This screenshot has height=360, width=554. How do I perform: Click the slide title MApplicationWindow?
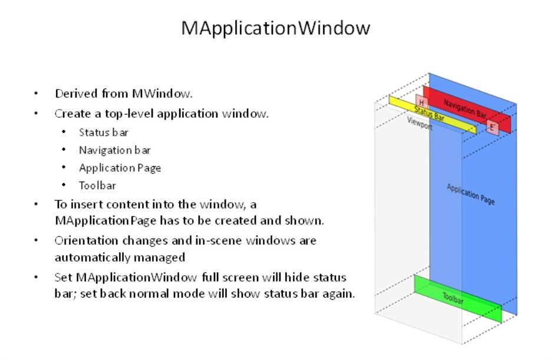(276, 28)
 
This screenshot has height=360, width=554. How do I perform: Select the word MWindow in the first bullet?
(162, 94)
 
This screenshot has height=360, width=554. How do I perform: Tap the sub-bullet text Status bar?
(104, 133)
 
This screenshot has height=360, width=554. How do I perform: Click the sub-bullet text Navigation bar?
(115, 150)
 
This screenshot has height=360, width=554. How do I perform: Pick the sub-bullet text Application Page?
(120, 168)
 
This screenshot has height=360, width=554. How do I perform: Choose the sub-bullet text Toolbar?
(97, 186)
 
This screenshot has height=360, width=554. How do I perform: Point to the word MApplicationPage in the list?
(105, 221)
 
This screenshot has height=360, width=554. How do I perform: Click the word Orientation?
(86, 240)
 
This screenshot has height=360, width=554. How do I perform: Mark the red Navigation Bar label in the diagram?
(465, 109)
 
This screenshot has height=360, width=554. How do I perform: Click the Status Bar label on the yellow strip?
(429, 114)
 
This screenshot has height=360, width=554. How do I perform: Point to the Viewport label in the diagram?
(420, 123)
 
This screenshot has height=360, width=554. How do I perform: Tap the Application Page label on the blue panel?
(471, 194)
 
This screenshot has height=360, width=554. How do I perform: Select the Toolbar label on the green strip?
(453, 298)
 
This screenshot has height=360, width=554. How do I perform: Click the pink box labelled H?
(422, 102)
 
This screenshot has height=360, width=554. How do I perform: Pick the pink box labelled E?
(492, 127)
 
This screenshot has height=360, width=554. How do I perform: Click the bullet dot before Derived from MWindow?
(36, 94)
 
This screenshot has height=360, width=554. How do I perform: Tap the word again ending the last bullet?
(338, 294)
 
